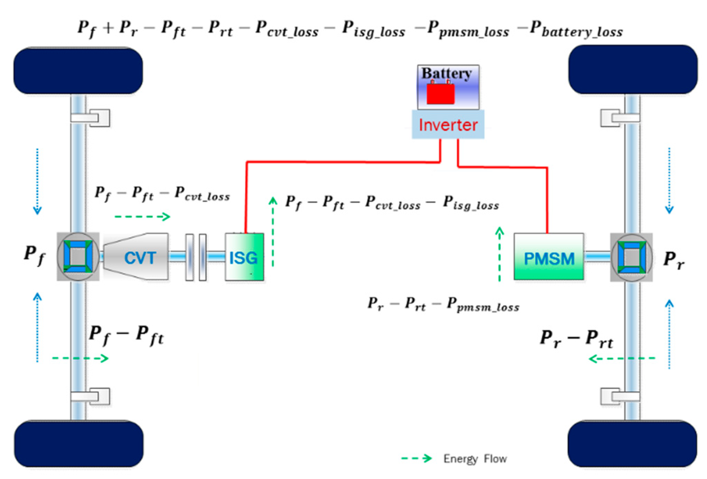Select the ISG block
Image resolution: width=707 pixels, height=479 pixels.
[244, 257]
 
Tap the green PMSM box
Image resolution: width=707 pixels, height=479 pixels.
[549, 257]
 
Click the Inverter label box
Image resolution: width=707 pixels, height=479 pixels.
[448, 125]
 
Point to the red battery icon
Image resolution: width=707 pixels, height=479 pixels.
[440, 93]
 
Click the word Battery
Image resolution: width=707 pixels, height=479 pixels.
[446, 73]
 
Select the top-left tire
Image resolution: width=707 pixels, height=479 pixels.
[78, 71]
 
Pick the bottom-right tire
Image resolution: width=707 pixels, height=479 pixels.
[632, 444]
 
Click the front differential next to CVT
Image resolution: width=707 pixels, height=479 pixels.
[78, 256]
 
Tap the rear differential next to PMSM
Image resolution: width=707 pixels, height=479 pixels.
[632, 257]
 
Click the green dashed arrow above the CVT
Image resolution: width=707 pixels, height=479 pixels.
[142, 217]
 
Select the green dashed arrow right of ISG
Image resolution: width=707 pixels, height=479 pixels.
[273, 232]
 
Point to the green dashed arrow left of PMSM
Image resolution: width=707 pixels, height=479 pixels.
[499, 254]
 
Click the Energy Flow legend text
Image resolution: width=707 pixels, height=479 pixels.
[475, 459]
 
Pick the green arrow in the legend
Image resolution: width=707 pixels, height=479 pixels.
[417, 459]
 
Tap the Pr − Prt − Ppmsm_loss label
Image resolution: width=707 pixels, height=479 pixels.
[443, 305]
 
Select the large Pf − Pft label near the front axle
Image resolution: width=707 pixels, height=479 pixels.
[126, 335]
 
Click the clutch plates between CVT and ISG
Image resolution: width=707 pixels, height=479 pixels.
[196, 257]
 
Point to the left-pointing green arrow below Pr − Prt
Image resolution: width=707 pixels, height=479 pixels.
[622, 359]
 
